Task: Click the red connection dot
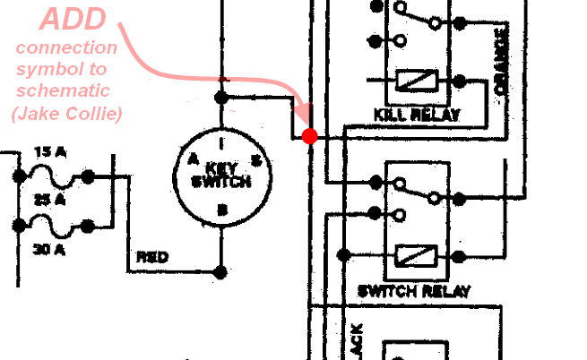click(x=310, y=136)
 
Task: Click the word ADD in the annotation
click(x=76, y=21)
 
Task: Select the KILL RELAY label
click(x=417, y=115)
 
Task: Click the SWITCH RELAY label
click(x=414, y=291)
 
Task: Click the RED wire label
click(x=151, y=258)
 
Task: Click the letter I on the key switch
click(x=221, y=141)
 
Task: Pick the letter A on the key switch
click(x=192, y=159)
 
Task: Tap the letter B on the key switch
click(x=221, y=210)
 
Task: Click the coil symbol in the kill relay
click(x=416, y=81)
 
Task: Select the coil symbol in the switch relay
click(x=416, y=256)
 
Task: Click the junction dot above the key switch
click(x=221, y=96)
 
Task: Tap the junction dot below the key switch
click(x=221, y=270)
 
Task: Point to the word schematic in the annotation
click(x=67, y=90)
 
